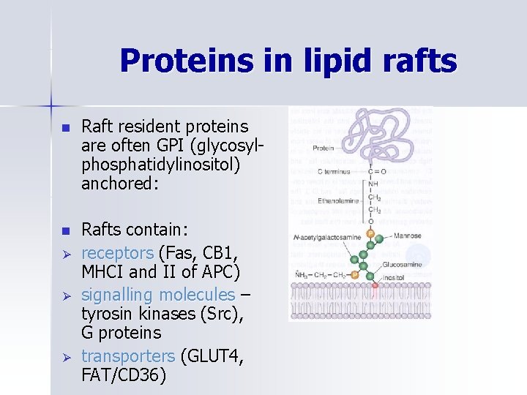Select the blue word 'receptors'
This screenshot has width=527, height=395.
click(x=117, y=253)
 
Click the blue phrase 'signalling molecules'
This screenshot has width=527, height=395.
click(x=158, y=295)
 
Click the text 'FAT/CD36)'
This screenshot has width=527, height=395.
click(x=124, y=375)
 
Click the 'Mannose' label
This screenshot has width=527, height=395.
click(x=407, y=236)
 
